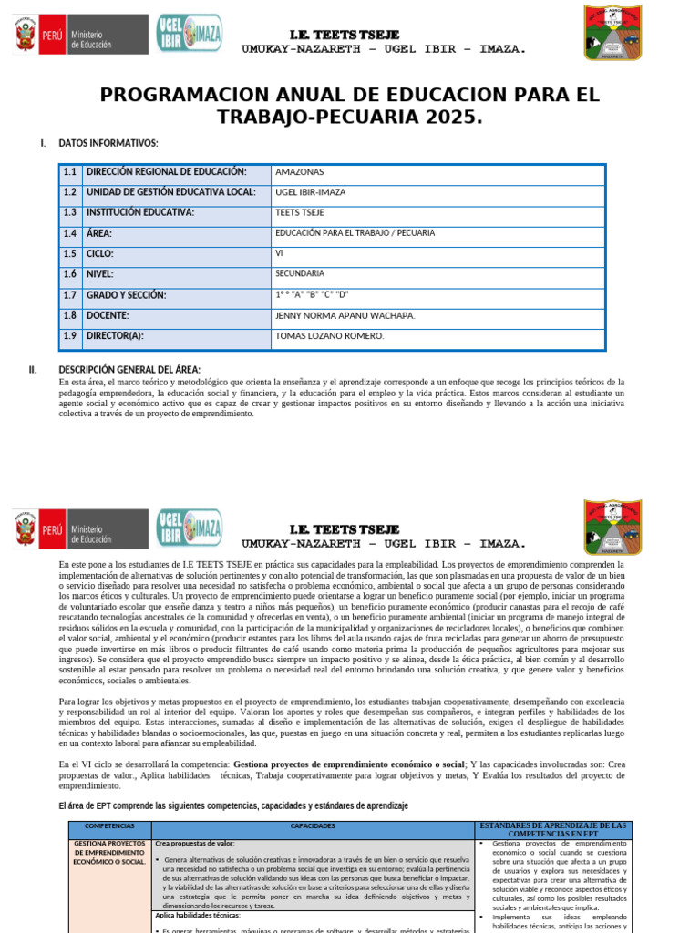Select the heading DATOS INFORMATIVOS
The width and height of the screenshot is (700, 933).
point(108,143)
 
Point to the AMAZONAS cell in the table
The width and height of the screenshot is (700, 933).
point(299,172)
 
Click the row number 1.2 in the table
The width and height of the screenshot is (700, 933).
point(70,192)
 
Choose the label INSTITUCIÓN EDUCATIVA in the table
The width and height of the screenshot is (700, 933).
point(140,212)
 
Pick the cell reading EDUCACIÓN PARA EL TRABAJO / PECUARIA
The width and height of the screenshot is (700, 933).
point(355,233)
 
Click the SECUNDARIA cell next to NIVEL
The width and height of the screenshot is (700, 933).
point(299,273)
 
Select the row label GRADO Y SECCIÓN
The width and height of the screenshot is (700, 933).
point(127,295)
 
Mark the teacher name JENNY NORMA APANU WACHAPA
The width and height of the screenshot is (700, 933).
point(345,316)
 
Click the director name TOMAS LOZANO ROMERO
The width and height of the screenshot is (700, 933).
point(329,336)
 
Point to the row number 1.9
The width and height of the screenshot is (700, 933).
point(70,336)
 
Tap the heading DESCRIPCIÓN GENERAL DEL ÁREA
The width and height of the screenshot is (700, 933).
point(129,370)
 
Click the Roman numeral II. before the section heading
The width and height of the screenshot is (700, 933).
point(33,370)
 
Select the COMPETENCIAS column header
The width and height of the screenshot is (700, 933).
point(109,826)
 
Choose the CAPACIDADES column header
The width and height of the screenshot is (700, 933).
point(313,826)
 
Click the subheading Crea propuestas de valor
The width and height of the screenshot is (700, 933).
point(195,845)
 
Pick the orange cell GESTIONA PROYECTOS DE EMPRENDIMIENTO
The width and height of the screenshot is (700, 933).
point(109,853)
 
